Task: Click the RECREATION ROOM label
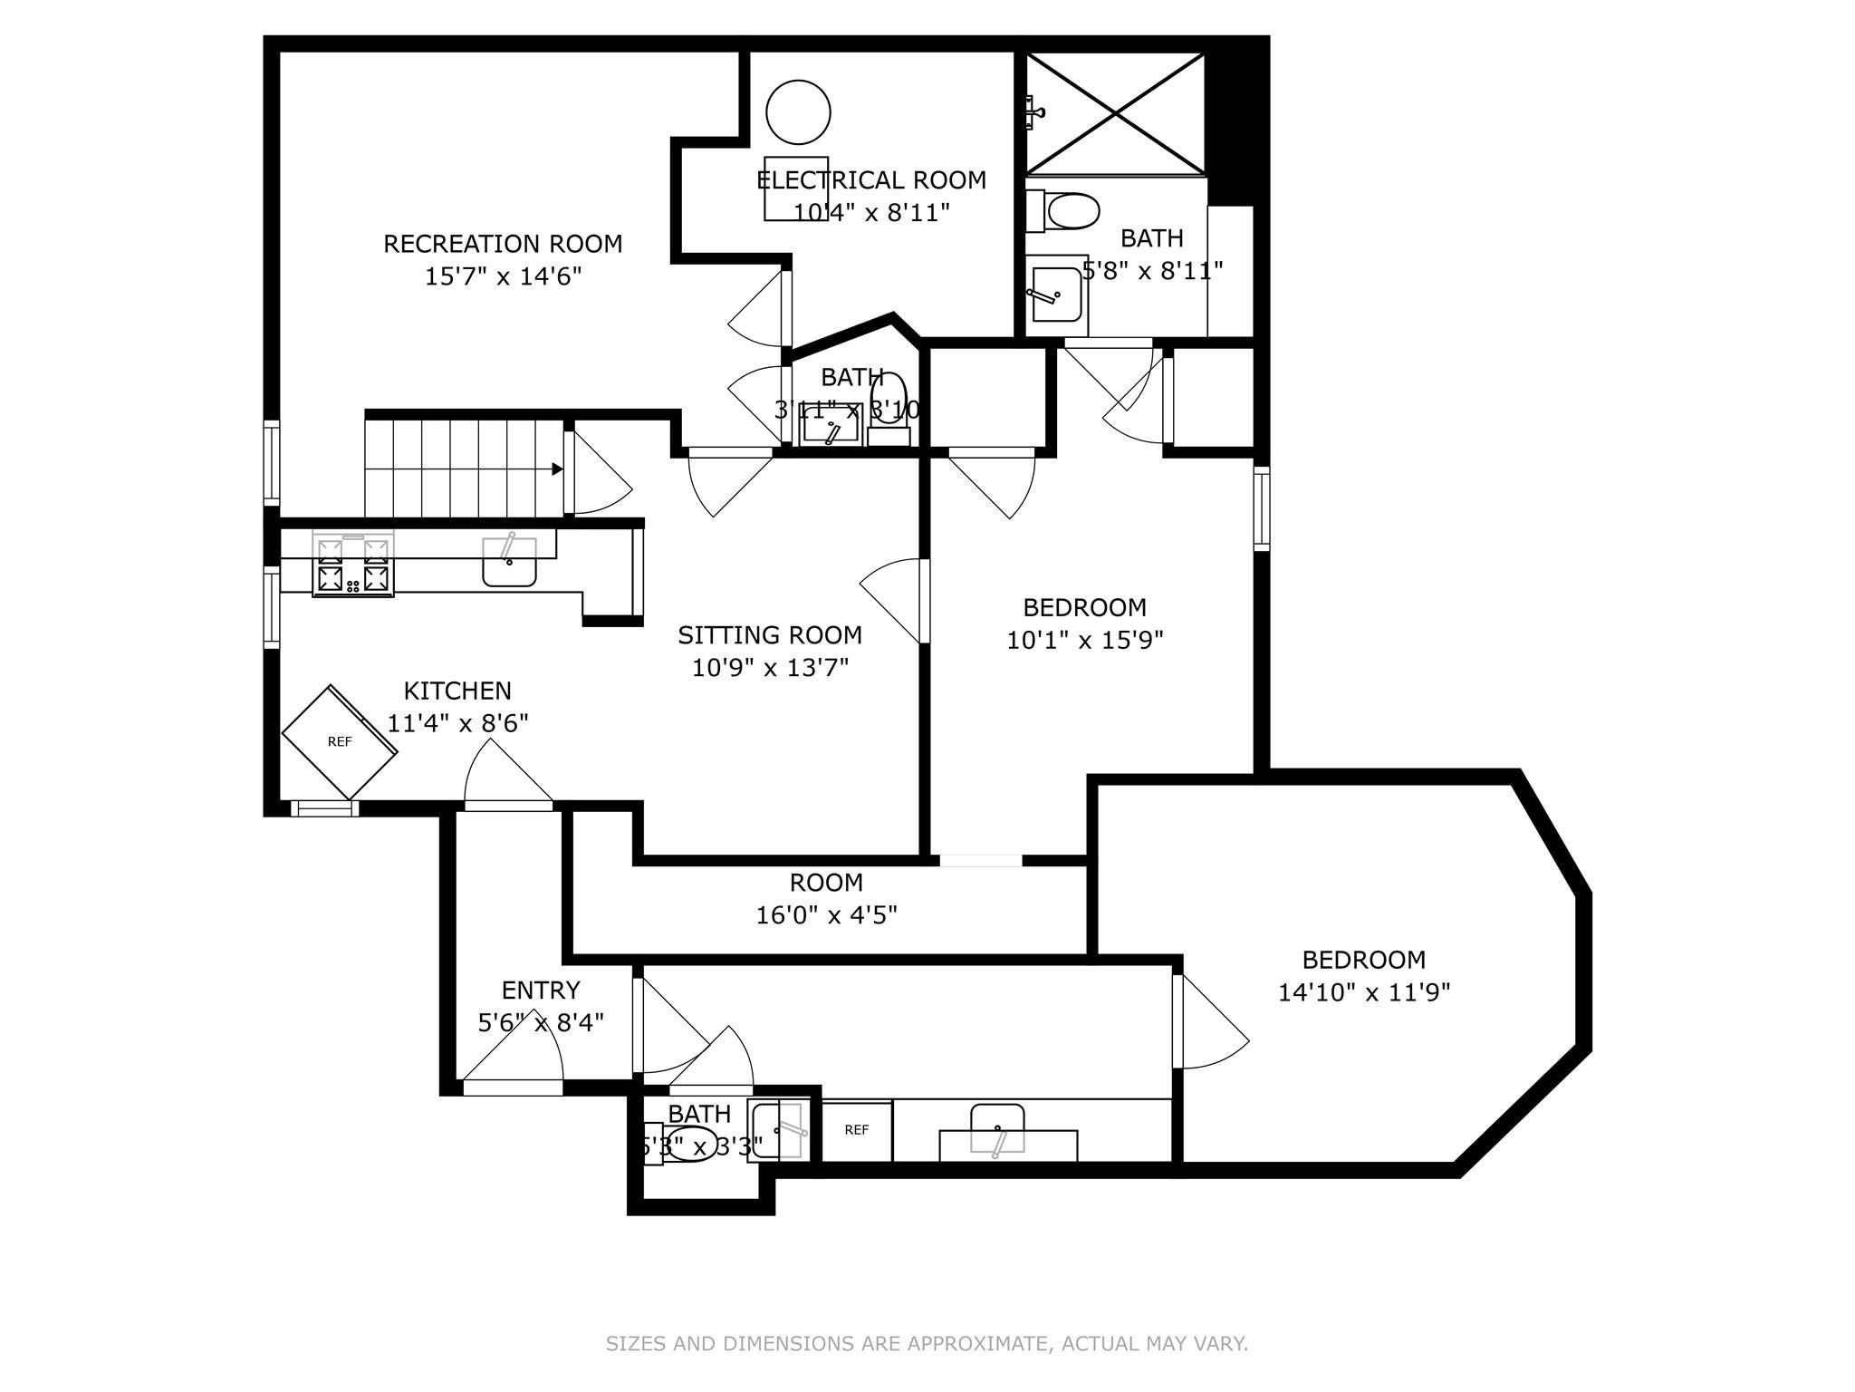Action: tap(503, 244)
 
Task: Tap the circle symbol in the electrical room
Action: tap(798, 112)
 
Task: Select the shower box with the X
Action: tap(1116, 113)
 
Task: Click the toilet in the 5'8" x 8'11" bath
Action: tap(1069, 212)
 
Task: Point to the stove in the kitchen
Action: tap(353, 565)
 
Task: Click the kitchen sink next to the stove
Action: tap(509, 562)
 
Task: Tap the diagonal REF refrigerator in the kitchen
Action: tap(340, 741)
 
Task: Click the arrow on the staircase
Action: tap(555, 469)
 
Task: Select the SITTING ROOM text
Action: tap(770, 635)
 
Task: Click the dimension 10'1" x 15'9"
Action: tap(1084, 641)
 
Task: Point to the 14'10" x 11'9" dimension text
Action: tap(1363, 993)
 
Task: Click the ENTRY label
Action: tap(541, 990)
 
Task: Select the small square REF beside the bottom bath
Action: tap(856, 1130)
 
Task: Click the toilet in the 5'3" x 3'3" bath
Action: tap(688, 1145)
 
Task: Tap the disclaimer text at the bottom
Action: tap(927, 1344)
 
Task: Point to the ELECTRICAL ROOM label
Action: tap(871, 180)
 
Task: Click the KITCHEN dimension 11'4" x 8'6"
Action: tap(457, 724)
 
